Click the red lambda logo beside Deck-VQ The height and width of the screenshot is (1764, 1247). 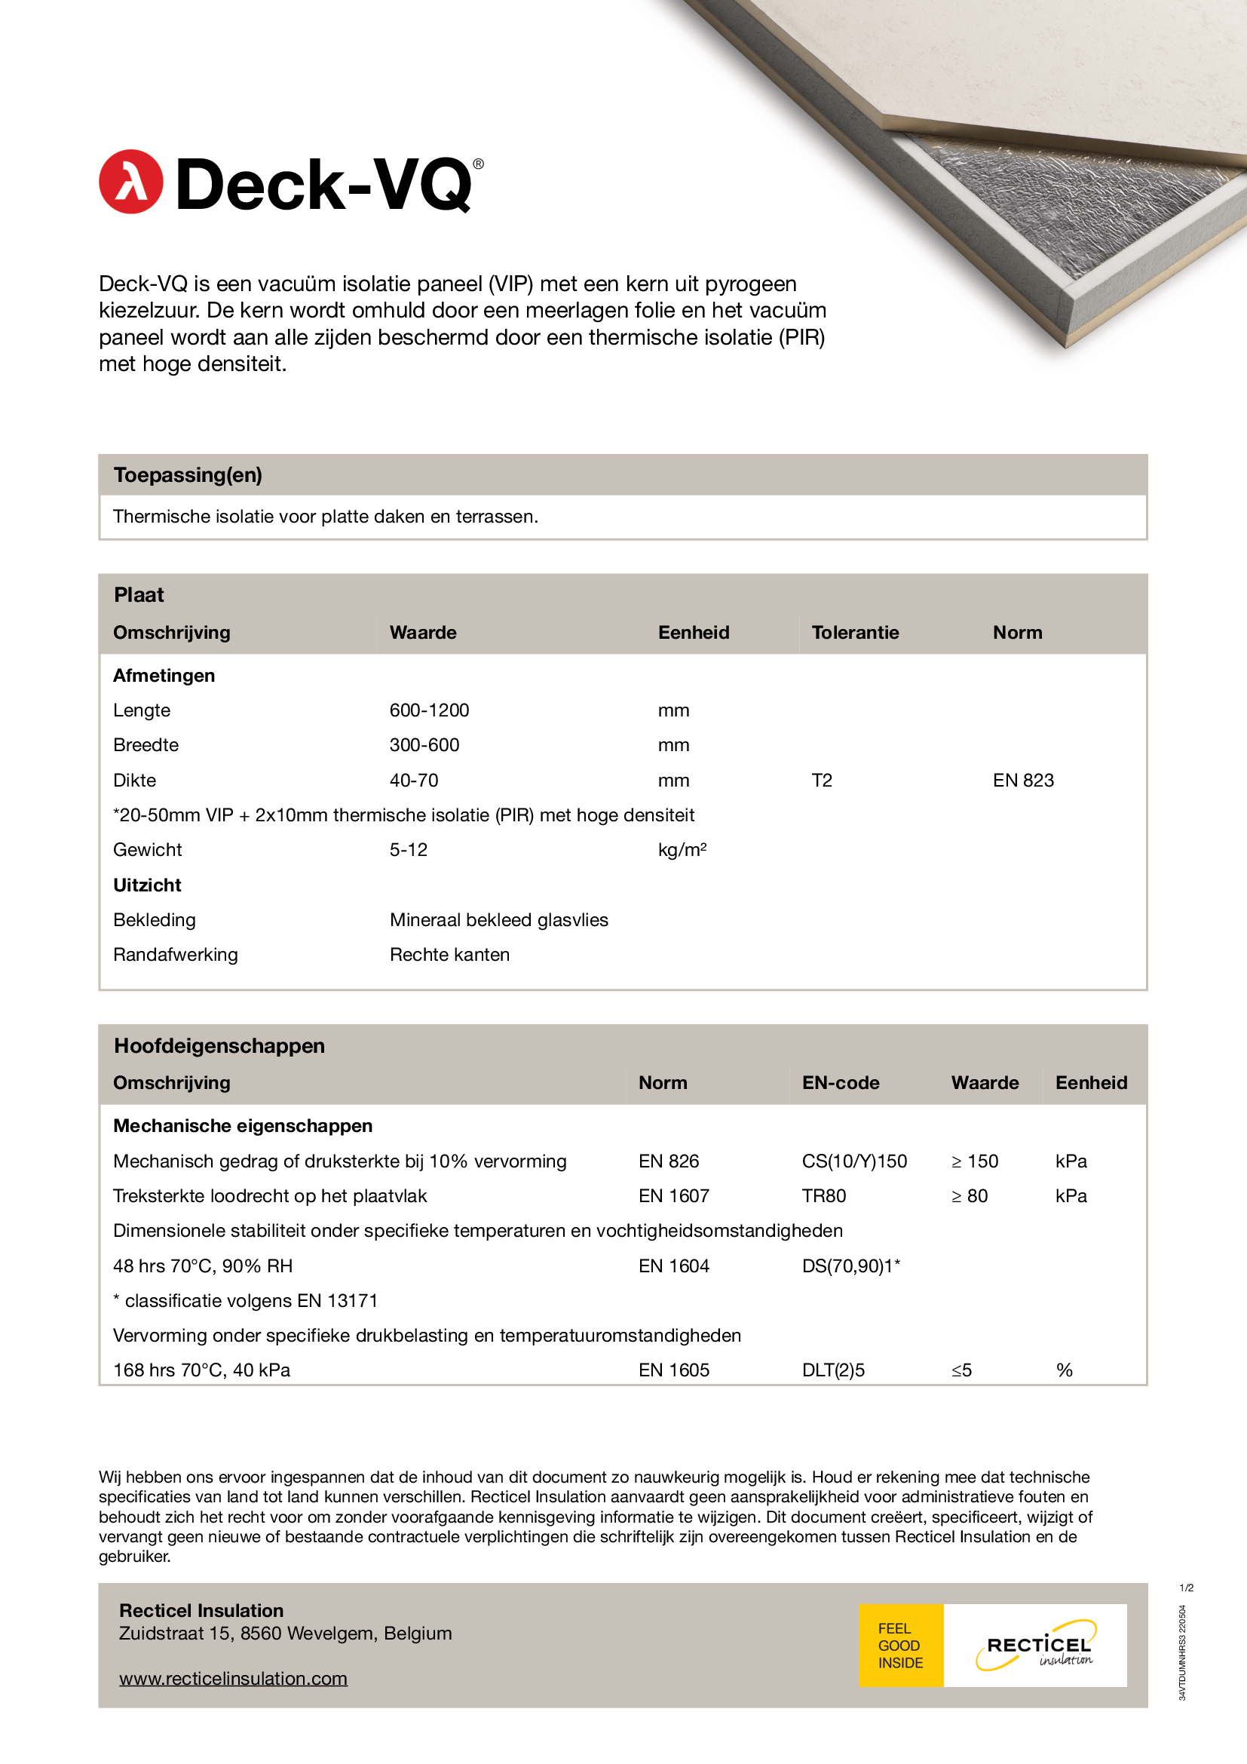130,181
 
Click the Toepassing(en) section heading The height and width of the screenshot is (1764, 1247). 188,475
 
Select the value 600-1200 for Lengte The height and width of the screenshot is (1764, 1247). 429,710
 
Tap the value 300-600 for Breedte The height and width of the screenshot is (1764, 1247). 424,744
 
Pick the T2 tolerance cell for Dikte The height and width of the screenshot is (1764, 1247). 822,780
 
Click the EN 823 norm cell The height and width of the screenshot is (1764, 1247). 1023,780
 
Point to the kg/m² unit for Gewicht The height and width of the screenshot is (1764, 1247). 682,850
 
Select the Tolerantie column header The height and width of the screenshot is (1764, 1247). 855,632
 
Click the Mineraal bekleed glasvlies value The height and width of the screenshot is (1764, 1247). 498,919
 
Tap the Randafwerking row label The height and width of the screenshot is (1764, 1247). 175,954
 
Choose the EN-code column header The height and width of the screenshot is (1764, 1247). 840,1082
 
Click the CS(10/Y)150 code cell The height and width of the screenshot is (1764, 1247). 854,1161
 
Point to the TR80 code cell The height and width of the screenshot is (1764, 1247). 823,1195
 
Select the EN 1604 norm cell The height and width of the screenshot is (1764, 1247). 673,1265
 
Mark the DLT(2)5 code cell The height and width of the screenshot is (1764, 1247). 833,1370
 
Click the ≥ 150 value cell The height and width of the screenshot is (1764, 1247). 974,1161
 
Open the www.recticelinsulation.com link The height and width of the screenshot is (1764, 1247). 233,1678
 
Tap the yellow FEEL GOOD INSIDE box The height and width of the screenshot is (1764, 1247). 901,1645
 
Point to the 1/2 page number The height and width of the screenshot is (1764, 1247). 1187,1588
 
